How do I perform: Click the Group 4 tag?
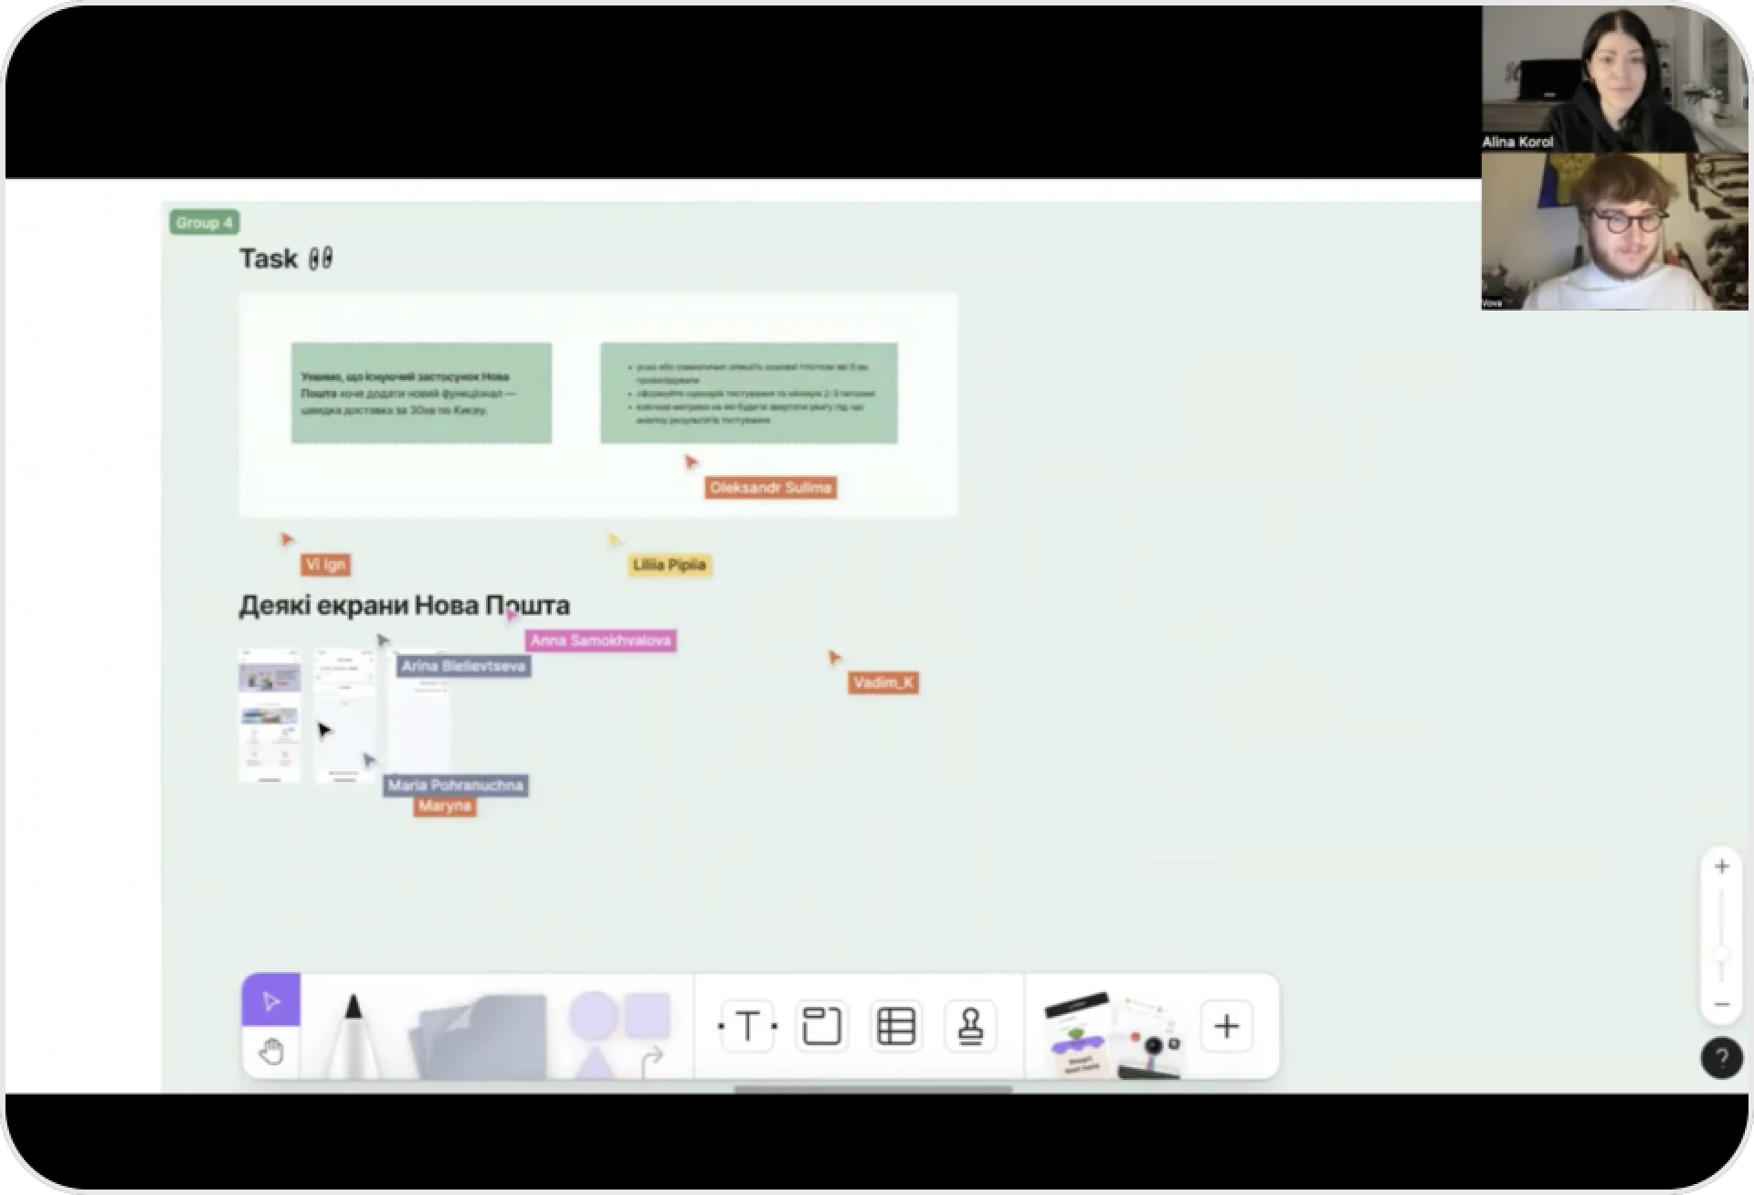tap(204, 222)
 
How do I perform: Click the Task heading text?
tap(269, 259)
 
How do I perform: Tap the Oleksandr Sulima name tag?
tap(770, 488)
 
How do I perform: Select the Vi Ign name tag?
tap(325, 565)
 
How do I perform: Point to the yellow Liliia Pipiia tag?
tap(669, 565)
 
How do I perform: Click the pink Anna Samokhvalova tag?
tap(600, 640)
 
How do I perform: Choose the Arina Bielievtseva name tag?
tap(463, 666)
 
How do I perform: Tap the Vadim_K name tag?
tap(882, 682)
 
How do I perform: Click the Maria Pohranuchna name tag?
tap(455, 785)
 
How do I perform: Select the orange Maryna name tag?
tap(444, 806)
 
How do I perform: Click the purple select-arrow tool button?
tap(270, 1001)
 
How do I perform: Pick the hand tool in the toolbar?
tap(270, 1052)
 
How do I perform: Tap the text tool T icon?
tap(747, 1026)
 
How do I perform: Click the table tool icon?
tap(895, 1026)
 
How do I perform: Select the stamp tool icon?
tap(969, 1026)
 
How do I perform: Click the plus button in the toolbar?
tap(1226, 1026)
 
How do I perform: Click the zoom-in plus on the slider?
tap(1721, 867)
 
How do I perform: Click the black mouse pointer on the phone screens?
tap(323, 730)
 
